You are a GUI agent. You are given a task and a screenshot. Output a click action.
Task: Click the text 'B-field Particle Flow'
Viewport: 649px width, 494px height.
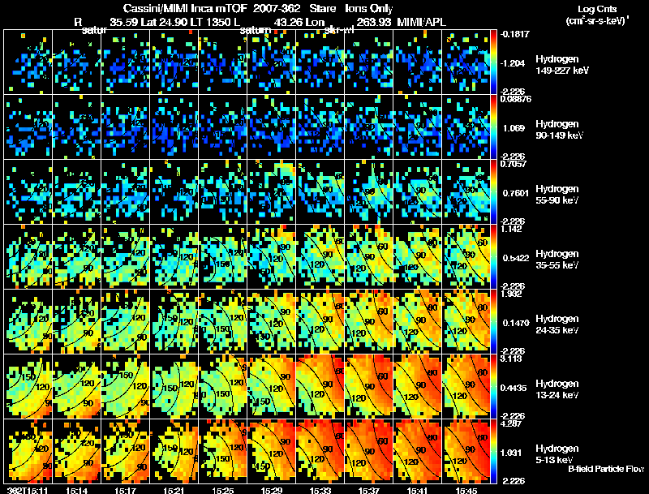point(605,469)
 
